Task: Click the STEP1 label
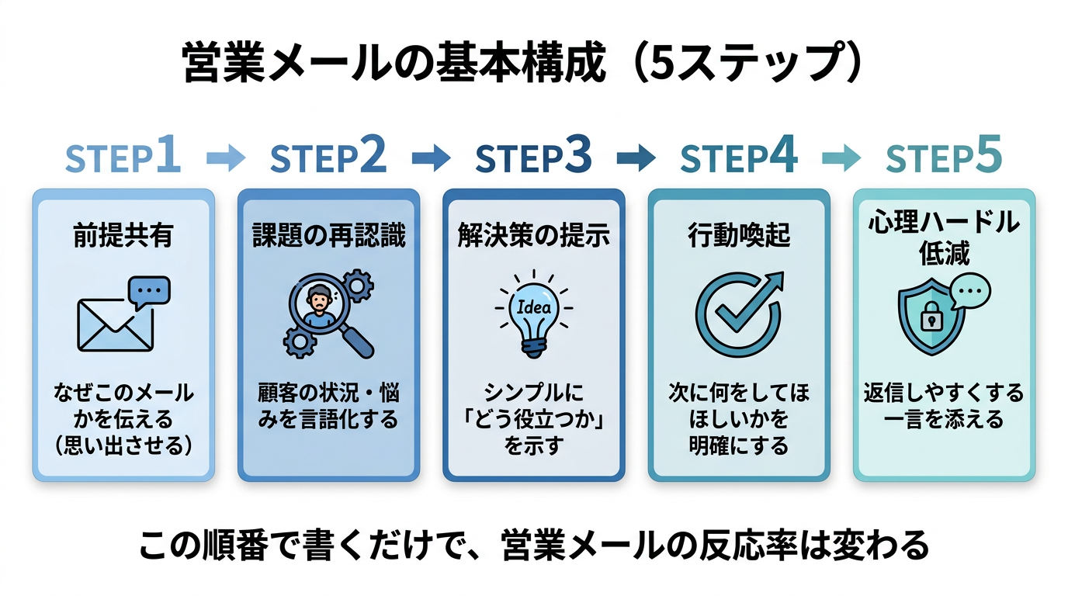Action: coord(123,158)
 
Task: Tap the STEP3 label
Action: coord(533,158)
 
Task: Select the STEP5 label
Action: coord(944,158)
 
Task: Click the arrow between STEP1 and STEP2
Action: coord(226,158)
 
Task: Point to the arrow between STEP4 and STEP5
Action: coord(841,158)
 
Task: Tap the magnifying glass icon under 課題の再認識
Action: coord(330,314)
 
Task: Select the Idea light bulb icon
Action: coord(534,311)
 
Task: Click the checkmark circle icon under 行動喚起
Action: coord(738,314)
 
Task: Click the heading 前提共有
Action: coord(123,236)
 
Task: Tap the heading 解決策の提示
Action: coord(534,236)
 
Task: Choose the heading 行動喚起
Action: coord(739,236)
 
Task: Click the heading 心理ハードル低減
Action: coord(944,237)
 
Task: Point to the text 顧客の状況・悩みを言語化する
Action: coord(328,406)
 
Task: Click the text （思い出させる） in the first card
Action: coord(123,446)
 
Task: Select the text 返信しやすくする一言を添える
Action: coord(944,406)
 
